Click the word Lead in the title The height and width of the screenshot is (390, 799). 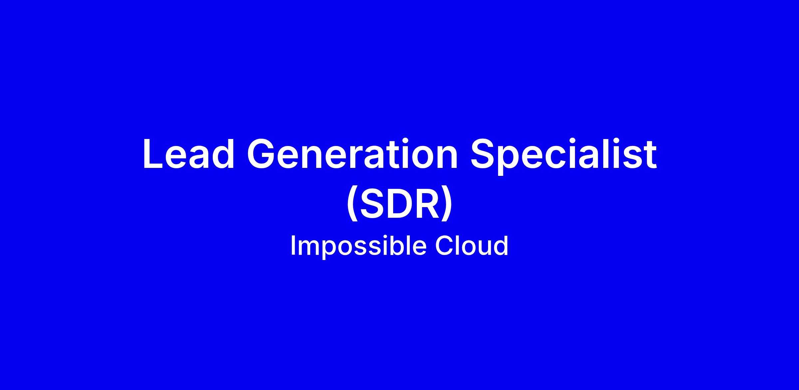tap(188, 154)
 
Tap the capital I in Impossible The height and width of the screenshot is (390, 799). tap(293, 246)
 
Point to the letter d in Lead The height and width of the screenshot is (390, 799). tap(223, 154)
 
